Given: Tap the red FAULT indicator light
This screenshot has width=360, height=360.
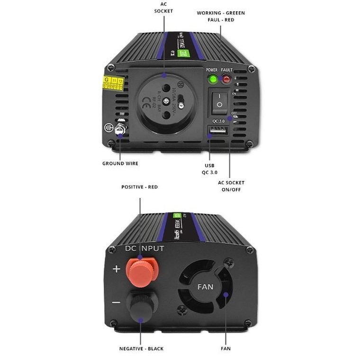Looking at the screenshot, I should coord(226,79).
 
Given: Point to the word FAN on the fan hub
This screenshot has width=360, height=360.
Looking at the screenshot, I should coord(206,287).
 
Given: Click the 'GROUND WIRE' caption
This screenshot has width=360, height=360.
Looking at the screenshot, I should coord(120,163).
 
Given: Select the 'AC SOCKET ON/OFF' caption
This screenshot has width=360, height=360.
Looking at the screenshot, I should coord(231,186).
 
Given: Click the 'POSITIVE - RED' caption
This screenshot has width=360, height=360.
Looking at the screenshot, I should coord(140,187).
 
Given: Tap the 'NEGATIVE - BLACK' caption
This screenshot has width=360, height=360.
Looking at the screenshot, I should coord(141,349).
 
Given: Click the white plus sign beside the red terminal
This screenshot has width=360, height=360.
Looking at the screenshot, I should coord(117,269).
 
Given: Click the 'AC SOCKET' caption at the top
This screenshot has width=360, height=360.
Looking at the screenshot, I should coord(164,8).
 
